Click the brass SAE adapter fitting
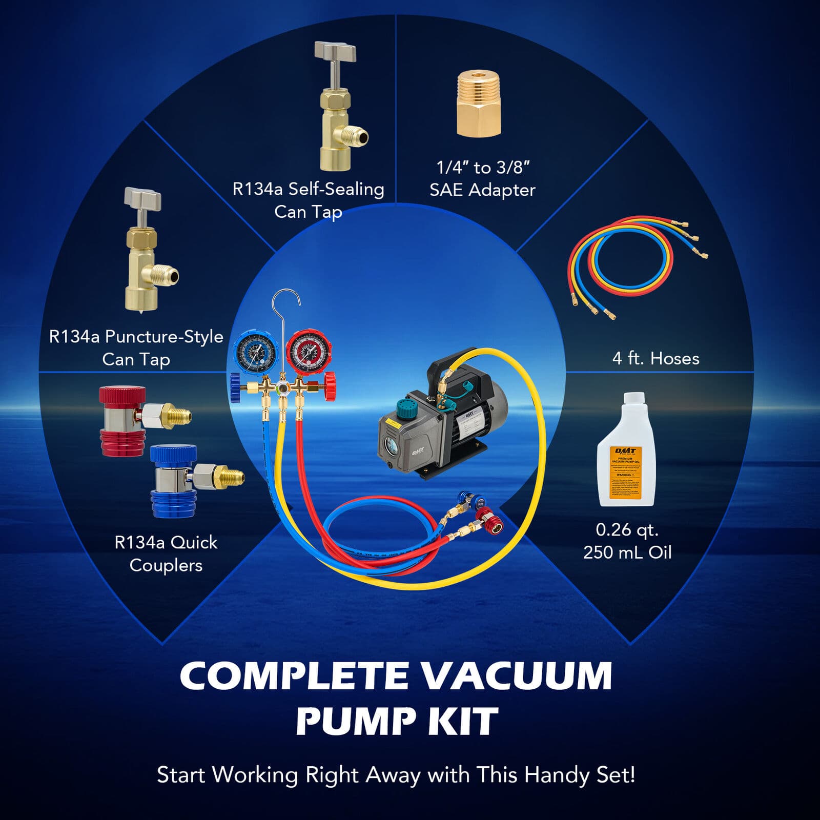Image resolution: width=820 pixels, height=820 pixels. coord(478,105)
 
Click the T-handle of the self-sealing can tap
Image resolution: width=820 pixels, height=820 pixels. coord(335,52)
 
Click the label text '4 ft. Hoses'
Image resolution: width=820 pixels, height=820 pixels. coord(655,358)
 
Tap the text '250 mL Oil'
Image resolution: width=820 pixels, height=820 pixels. coord(627,552)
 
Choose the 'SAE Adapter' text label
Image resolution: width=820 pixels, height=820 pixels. coord(482,190)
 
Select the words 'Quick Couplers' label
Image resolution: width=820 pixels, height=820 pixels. coord(166,553)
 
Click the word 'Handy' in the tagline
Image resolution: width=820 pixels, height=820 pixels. coord(558,774)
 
